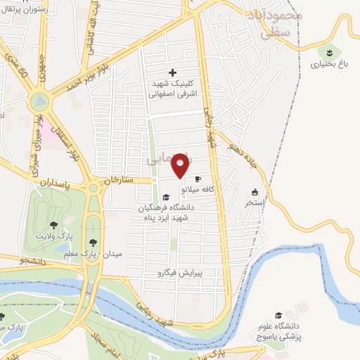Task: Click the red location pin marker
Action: pos(181,165)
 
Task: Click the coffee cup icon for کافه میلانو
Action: pos(198,179)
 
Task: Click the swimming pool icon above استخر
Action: pos(255,192)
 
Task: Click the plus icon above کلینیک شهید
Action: pos(173,72)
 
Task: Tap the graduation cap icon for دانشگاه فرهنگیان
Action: pos(165,198)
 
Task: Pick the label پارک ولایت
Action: pos(53,237)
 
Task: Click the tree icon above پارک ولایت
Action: pos(53,226)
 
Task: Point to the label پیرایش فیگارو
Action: pos(172,271)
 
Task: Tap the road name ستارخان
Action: pos(118,181)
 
